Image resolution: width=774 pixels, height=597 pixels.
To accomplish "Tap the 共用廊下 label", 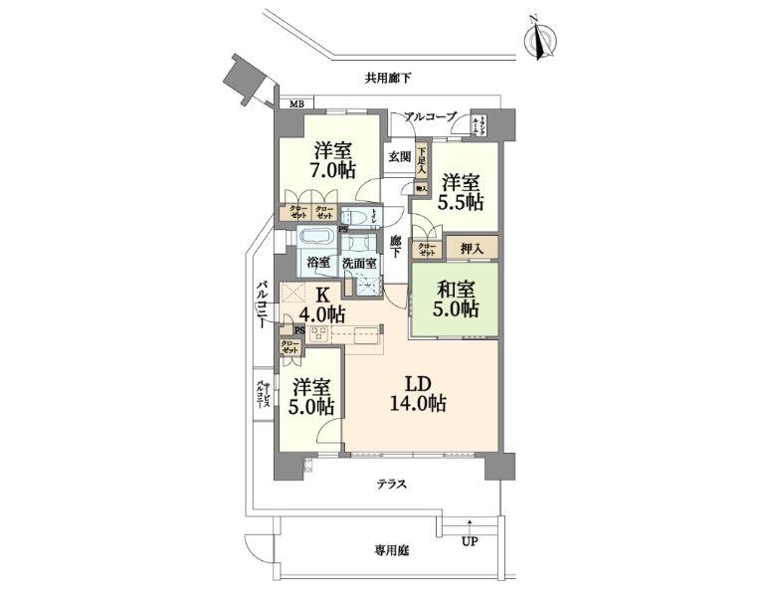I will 388,79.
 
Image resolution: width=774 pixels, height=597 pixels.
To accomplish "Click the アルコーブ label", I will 430,117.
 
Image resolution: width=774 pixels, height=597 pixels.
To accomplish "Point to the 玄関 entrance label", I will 399,156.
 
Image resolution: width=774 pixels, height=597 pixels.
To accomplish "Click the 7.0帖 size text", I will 332,170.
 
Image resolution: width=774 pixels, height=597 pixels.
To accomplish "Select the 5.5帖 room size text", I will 462,202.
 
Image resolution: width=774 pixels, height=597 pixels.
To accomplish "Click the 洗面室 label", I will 359,265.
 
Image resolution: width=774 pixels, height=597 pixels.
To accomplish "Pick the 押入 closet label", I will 471,248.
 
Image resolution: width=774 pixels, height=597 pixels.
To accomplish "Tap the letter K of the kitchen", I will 321,296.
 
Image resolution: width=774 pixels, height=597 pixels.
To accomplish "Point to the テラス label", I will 390,484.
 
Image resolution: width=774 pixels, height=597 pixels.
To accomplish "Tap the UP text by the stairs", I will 468,542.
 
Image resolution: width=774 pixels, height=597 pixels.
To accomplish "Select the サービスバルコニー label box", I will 263,395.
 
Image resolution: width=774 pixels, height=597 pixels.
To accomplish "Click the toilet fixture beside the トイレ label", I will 354,218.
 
